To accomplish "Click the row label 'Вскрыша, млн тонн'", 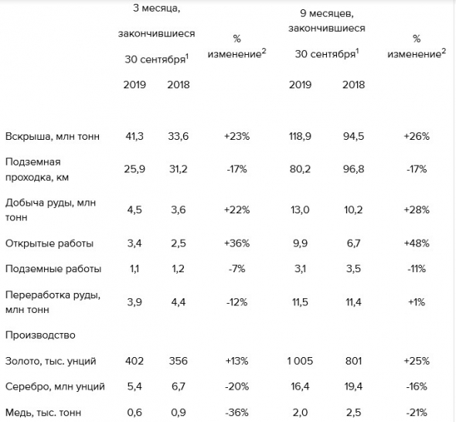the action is [53, 136].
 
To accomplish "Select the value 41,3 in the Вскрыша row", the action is [134, 136].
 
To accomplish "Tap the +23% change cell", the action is [237, 136].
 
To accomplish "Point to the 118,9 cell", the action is [300, 136].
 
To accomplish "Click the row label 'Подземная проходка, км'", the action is [37, 169].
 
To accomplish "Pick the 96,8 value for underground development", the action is [353, 169].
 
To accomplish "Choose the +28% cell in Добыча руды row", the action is [417, 209].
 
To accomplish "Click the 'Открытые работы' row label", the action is [49, 243].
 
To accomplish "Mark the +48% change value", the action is [417, 243].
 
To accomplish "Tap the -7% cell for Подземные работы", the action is [237, 269].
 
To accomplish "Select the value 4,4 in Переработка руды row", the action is [179, 302].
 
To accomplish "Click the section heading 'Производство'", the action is [40, 335].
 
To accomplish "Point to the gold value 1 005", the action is [300, 361].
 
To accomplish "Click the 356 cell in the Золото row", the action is [179, 361].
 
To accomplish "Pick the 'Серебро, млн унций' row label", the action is [55, 386].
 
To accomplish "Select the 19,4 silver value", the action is [353, 386].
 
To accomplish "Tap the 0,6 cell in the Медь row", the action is [134, 413].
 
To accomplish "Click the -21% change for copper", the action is [417, 413].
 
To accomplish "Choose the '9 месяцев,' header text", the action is [327, 14].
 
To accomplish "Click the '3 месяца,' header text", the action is [156, 9].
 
